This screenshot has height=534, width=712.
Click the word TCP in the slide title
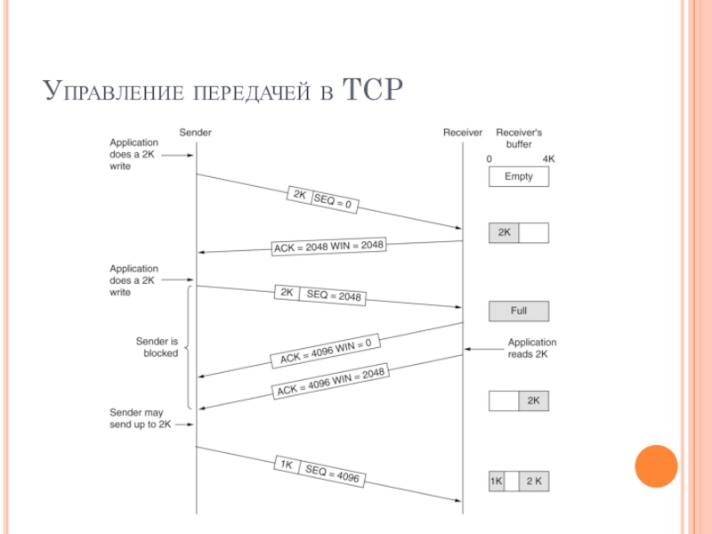(x=372, y=90)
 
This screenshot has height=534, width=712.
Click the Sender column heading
(x=195, y=133)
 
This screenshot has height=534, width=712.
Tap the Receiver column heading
(x=463, y=133)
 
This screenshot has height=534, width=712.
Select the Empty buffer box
(x=519, y=176)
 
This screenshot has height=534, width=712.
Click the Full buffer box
(x=519, y=311)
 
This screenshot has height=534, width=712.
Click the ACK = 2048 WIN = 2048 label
(x=328, y=247)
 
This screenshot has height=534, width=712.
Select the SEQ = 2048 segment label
(x=332, y=295)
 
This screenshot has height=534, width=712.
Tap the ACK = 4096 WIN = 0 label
(x=326, y=351)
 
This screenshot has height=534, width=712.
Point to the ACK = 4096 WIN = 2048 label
(x=330, y=382)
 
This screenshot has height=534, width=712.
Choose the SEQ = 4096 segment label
(x=331, y=473)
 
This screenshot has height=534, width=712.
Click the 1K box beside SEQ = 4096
(x=287, y=465)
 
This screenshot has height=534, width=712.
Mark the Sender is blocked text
(x=158, y=347)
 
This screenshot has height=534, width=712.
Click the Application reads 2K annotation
(x=531, y=348)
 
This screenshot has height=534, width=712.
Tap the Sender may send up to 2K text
(x=141, y=418)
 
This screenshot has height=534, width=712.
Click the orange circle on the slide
(x=656, y=466)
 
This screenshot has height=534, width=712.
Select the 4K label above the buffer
(x=548, y=159)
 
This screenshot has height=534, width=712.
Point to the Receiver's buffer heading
(x=519, y=138)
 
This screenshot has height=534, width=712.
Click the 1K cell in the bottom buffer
(x=497, y=481)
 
